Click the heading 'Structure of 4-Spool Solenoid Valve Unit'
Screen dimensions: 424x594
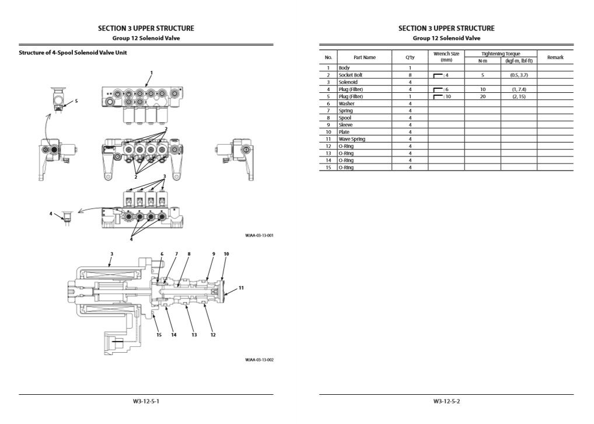click(x=73, y=53)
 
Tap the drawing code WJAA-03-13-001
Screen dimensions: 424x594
click(x=260, y=235)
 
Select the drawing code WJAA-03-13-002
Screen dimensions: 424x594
click(x=260, y=360)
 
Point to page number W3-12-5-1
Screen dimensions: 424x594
click(x=146, y=401)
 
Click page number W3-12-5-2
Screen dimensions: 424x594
click(x=446, y=401)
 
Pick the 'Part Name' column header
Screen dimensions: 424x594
click(x=365, y=57)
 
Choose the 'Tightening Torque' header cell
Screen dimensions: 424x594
click(x=501, y=54)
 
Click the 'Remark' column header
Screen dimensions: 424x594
click(x=555, y=57)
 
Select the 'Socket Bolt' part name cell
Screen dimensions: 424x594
click(x=351, y=75)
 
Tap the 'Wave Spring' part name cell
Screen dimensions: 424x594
click(x=352, y=139)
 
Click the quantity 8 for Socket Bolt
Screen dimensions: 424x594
click(x=410, y=75)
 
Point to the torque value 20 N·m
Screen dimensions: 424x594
click(x=483, y=96)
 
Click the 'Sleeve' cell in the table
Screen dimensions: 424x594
click(x=346, y=125)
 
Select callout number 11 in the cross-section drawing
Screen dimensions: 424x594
click(x=241, y=288)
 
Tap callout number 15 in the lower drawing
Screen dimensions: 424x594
click(x=159, y=335)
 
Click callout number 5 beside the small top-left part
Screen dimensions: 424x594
click(x=76, y=100)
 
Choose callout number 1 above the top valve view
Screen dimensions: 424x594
click(x=151, y=73)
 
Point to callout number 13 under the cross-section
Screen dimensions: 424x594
click(x=194, y=335)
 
